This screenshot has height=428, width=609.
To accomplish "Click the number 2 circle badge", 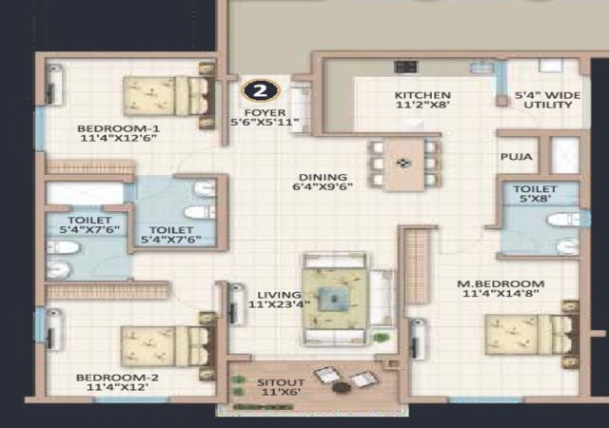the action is pyautogui.click(x=260, y=90).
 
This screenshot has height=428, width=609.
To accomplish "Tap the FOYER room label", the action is pyautogui.click(x=265, y=112).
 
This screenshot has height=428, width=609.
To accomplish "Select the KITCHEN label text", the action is pyautogui.click(x=422, y=95).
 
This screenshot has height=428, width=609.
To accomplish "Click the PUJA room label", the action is pyautogui.click(x=516, y=157).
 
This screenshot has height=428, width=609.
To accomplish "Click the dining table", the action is pyautogui.click(x=403, y=165).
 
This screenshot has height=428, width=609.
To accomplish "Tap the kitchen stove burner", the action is pyautogui.click(x=405, y=67).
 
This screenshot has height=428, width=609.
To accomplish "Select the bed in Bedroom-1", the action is pyautogui.click(x=169, y=96).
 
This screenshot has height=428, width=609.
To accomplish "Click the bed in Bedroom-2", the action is pyautogui.click(x=167, y=346).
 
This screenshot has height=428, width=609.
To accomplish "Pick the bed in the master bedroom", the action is pyautogui.click(x=532, y=335).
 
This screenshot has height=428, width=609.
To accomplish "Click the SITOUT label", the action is pyautogui.click(x=281, y=382).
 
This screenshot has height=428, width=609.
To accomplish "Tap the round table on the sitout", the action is pyautogui.click(x=342, y=387).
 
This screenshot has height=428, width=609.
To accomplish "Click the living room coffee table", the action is pyautogui.click(x=334, y=299).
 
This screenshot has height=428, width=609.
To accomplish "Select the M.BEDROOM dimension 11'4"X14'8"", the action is pyautogui.click(x=501, y=293).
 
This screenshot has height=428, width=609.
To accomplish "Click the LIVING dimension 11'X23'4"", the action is pyautogui.click(x=279, y=304).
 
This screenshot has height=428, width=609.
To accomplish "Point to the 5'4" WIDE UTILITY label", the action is pyautogui.click(x=548, y=100).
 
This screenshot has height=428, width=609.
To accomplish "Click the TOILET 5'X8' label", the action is pyautogui.click(x=535, y=194).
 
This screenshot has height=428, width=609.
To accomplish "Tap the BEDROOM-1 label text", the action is pyautogui.click(x=118, y=128).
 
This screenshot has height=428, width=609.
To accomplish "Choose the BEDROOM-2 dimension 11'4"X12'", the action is pyautogui.click(x=118, y=387).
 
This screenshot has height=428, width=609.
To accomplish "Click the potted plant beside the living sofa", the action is pyautogui.click(x=381, y=337).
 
